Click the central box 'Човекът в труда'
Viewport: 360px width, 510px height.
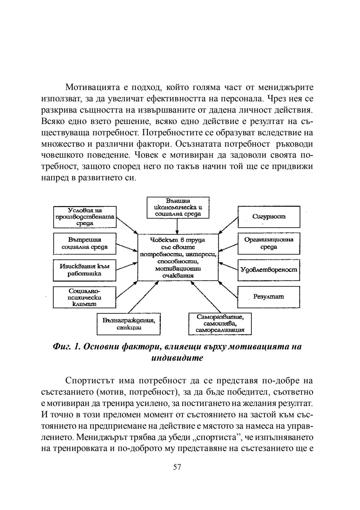(x=178, y=257)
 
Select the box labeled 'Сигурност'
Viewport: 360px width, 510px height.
(x=269, y=217)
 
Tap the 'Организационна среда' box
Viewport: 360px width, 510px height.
(x=269, y=243)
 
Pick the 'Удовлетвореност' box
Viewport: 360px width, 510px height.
(x=269, y=269)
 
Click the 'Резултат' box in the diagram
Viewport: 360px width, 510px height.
(x=269, y=297)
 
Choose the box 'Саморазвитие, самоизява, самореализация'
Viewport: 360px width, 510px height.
(x=220, y=324)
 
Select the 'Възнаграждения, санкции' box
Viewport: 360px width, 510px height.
(x=128, y=324)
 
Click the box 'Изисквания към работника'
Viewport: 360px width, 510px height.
(x=85, y=270)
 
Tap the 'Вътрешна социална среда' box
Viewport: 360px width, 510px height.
(x=85, y=243)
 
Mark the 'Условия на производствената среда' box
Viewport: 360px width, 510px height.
(x=85, y=217)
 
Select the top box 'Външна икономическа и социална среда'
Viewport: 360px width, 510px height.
(x=178, y=207)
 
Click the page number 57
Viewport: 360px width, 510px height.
(x=177, y=467)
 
